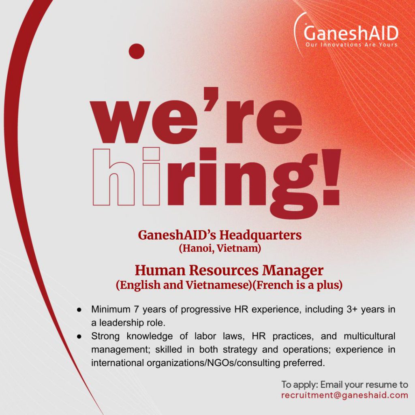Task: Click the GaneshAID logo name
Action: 351,33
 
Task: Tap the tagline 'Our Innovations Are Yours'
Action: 351,45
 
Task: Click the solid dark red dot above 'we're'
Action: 137,51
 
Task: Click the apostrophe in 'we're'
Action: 211,99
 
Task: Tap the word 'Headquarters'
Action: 261,235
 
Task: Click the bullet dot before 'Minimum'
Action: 79,310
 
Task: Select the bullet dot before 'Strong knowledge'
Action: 79,337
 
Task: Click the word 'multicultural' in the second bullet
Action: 370,336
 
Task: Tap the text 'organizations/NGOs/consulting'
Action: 213,363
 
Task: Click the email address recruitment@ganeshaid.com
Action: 344,396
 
